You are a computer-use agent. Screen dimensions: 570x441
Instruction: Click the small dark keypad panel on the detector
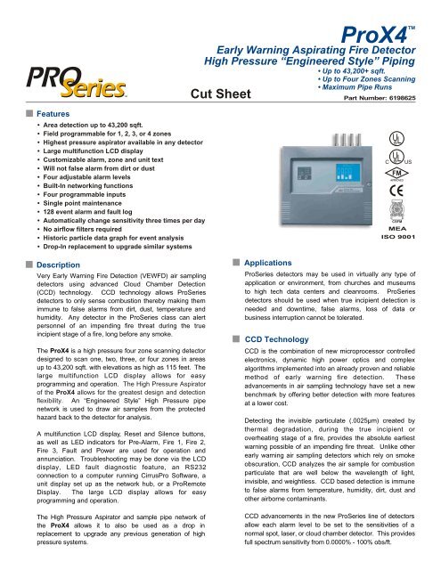(339, 184)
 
